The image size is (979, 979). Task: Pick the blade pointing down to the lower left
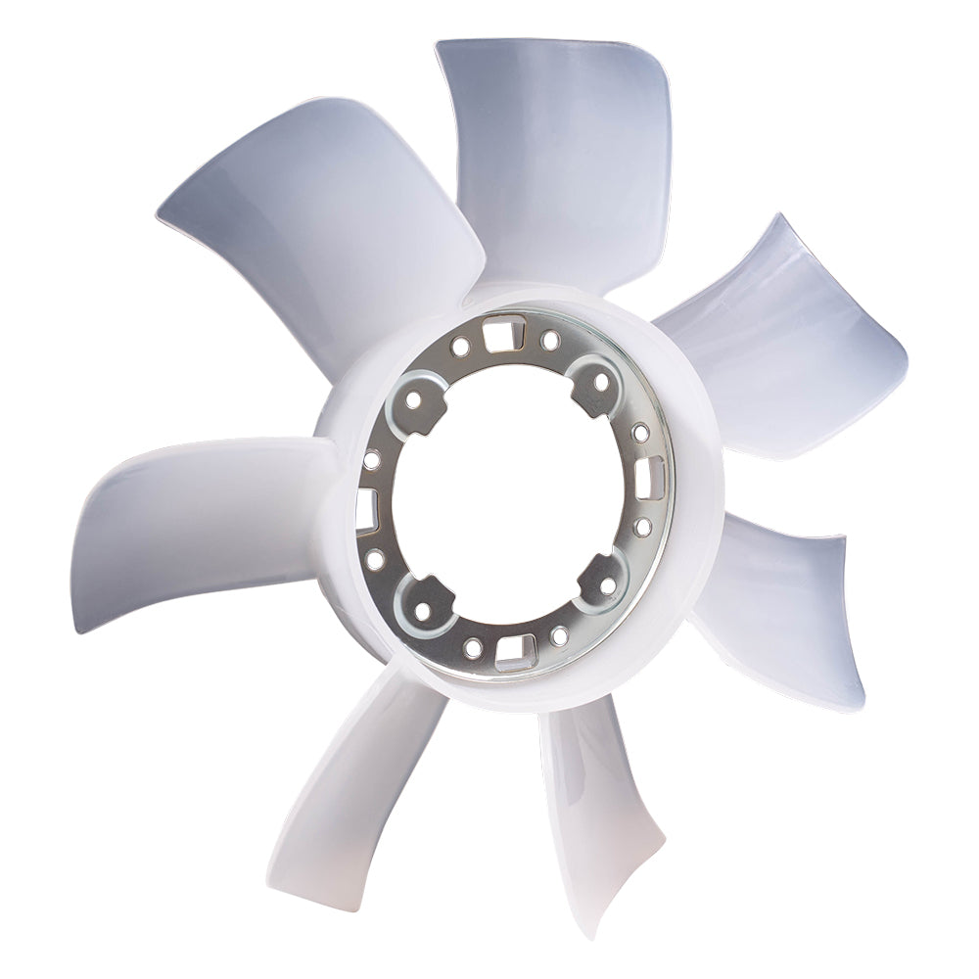click(343, 803)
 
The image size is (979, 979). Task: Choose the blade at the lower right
click(783, 607)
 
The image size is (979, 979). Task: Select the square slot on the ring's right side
click(650, 478)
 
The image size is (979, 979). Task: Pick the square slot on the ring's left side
click(365, 505)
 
